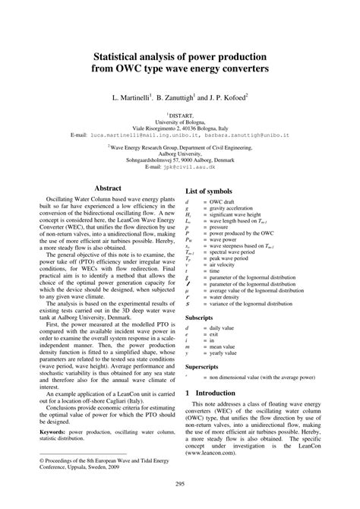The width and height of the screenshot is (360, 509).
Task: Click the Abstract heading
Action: tap(107, 187)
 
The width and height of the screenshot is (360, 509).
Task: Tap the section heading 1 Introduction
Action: tap(215, 393)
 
